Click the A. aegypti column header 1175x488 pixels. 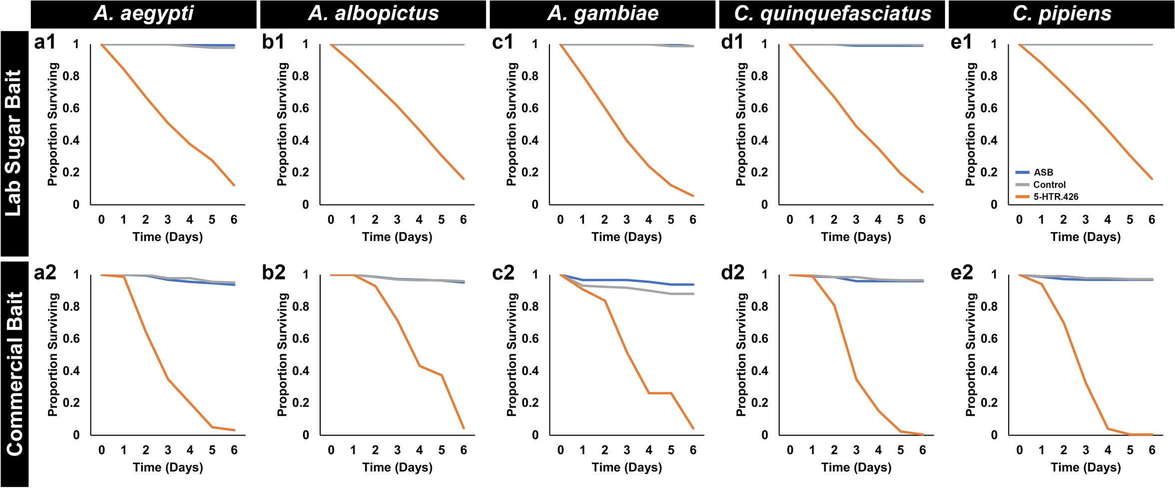pos(143,13)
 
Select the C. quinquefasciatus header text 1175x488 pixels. pos(832,13)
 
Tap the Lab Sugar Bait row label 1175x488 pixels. pos(13,143)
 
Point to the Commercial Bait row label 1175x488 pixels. pos(14,374)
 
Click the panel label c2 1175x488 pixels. pos(503,273)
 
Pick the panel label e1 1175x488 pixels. pos(962,42)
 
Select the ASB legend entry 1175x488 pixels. pos(1043,173)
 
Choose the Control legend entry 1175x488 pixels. pos(1049,185)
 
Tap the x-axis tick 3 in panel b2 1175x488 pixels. pos(397,450)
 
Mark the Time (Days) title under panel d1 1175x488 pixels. pos(856,237)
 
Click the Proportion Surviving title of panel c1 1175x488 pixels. pos(511,124)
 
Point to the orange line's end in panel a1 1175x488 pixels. pos(234,185)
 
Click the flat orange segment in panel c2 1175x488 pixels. pos(660,393)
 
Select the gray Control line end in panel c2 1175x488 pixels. pos(693,294)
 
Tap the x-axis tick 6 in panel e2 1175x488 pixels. pos(1152,450)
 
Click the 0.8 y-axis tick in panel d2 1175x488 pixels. pos(759,307)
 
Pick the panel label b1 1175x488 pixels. pos(273,42)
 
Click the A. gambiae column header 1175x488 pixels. pos(603,13)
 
